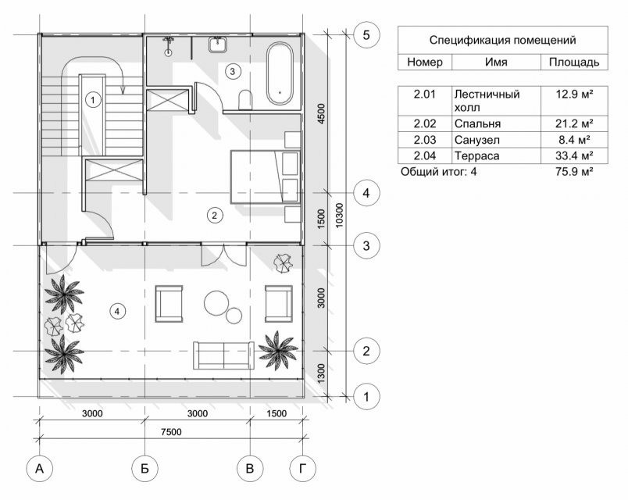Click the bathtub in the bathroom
point(280,74)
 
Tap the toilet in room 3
point(245,100)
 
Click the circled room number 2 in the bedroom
point(215,215)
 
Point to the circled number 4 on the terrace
point(117,311)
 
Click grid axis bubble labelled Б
point(145,468)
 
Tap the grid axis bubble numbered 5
point(366,35)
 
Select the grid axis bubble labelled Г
point(302,468)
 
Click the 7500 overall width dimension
point(171,432)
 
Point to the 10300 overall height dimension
point(339,216)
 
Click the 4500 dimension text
point(321,114)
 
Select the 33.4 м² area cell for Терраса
point(574,155)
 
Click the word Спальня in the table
point(477,123)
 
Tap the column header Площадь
point(574,62)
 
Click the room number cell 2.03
point(425,140)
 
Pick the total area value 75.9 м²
point(574,172)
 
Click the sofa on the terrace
point(223,355)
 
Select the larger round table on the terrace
point(216,302)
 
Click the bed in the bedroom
point(265,177)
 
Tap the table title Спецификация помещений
point(503,40)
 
